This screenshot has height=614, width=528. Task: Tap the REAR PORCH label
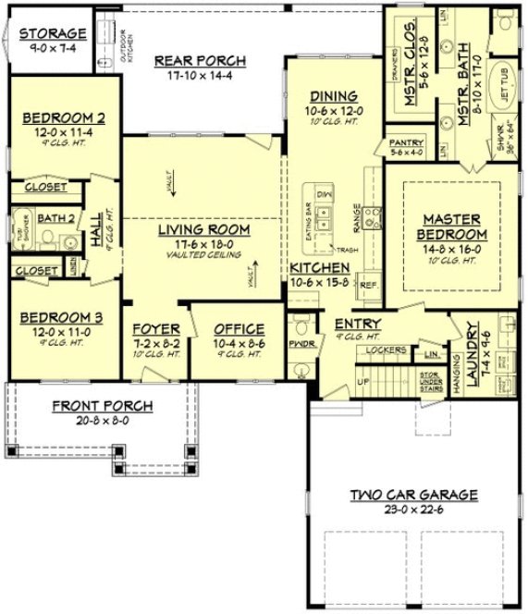pyautogui.click(x=200, y=61)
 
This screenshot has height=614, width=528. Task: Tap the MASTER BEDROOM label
pyautogui.click(x=451, y=227)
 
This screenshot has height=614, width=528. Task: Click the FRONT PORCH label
pyautogui.click(x=102, y=406)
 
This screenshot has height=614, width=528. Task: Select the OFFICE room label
pyautogui.click(x=239, y=329)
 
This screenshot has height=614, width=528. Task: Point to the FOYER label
pyautogui.click(x=155, y=329)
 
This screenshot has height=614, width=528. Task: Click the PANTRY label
pyautogui.click(x=406, y=143)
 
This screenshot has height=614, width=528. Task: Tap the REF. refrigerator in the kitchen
pyautogui.click(x=367, y=286)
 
